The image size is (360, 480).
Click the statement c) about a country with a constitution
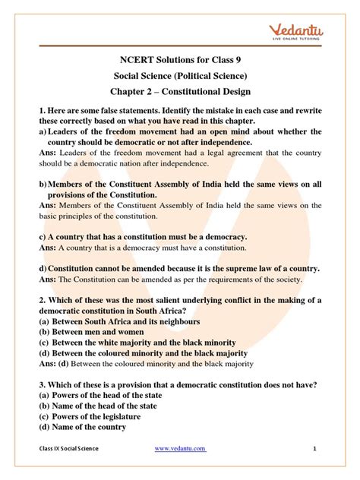click(x=142, y=237)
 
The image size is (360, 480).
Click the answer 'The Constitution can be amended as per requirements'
click(x=175, y=279)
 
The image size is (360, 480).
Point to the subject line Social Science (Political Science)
click(x=180, y=77)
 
